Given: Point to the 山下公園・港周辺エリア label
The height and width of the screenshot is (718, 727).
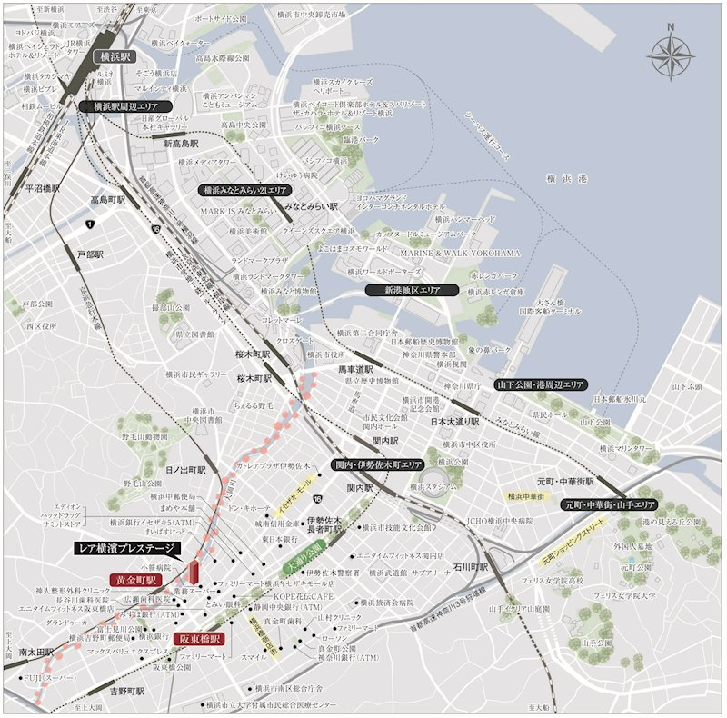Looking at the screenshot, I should click(540, 385).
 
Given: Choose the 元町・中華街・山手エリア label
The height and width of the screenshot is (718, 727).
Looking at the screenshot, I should click(610, 504).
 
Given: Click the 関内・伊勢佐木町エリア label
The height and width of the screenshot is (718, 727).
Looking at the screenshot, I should click(378, 464).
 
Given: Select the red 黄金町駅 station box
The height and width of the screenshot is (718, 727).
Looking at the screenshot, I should click(135, 580).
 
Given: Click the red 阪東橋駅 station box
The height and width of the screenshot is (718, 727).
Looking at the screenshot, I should click(200, 639).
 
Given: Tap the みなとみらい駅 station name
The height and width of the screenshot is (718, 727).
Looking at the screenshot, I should click(311, 207).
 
